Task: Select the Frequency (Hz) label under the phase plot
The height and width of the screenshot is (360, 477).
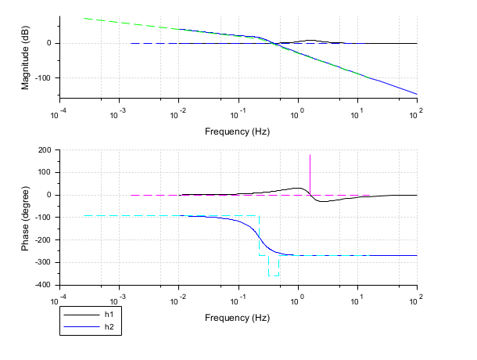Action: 237,318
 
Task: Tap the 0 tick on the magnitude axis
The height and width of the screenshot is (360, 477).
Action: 48,43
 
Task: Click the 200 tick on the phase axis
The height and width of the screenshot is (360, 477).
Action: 44,149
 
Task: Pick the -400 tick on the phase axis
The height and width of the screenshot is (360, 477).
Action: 42,285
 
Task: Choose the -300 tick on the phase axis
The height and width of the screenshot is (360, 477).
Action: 42,262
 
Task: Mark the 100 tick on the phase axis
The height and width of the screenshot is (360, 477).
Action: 44,172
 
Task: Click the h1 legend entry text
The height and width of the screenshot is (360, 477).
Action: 109,314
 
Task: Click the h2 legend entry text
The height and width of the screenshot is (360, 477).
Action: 109,326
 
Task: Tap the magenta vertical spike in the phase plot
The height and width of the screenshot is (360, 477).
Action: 310,168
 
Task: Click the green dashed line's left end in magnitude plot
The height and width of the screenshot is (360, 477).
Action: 84,18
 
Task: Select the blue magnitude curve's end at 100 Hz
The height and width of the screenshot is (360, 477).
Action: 417,94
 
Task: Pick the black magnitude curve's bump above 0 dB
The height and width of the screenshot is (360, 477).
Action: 311,40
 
